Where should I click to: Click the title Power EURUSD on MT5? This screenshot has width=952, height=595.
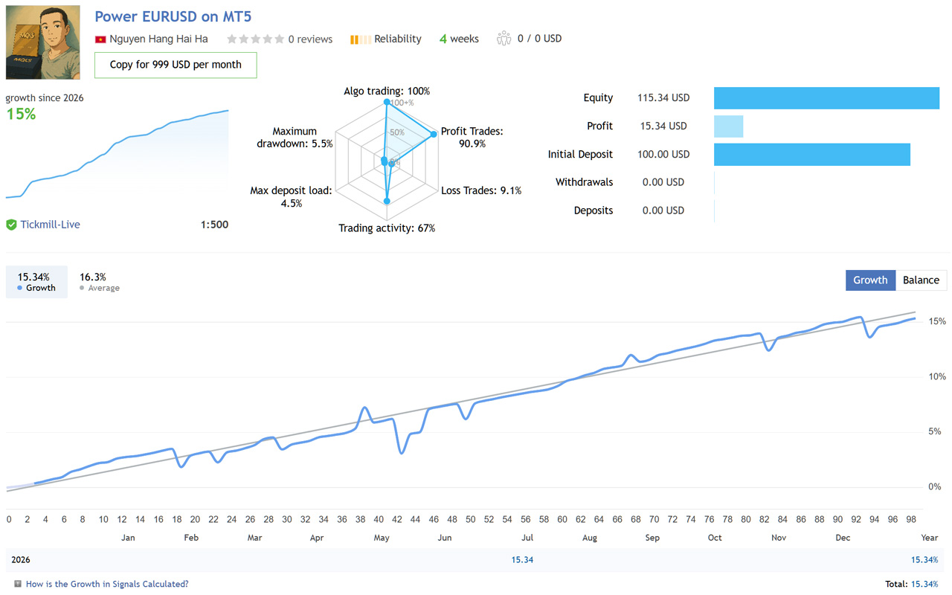click(x=173, y=16)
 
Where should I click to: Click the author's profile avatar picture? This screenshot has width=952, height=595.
click(x=43, y=42)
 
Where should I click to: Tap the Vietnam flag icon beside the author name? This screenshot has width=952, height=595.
click(x=100, y=39)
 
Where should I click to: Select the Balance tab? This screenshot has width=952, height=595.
click(x=921, y=280)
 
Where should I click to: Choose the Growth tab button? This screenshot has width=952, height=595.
click(x=870, y=280)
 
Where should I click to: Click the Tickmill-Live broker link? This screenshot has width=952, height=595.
click(x=50, y=225)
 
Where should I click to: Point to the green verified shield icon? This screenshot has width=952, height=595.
click(x=11, y=225)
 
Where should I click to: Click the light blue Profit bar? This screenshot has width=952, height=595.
click(x=728, y=126)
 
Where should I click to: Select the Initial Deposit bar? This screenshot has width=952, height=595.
click(x=812, y=154)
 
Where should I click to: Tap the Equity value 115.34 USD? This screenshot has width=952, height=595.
click(x=663, y=97)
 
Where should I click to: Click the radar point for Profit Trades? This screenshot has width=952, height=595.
click(x=434, y=134)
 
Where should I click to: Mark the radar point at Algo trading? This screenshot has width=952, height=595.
click(x=387, y=102)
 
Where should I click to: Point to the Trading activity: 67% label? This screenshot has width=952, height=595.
click(x=387, y=228)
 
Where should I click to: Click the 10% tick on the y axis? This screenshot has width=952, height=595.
click(x=937, y=376)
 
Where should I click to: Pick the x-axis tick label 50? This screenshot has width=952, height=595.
click(x=471, y=519)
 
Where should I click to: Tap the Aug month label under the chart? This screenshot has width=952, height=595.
click(x=590, y=538)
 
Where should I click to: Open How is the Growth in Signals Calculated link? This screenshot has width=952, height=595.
click(x=107, y=584)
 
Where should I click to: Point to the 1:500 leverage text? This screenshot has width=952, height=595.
click(x=214, y=225)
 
